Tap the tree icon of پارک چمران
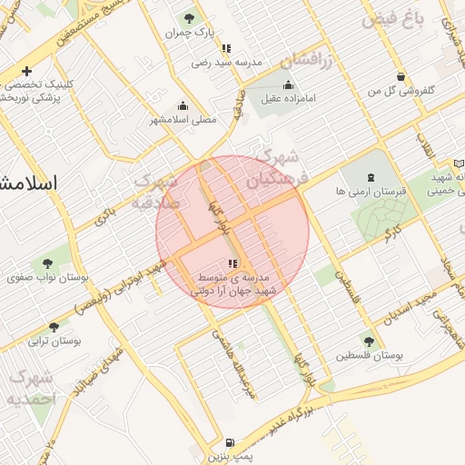coord(189,17)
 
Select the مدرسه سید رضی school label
coord(226,63)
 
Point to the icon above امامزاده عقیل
coord(289,85)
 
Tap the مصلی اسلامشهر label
coord(182,119)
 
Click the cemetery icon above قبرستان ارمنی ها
coord(370,177)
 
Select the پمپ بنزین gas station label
coord(227,456)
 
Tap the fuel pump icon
coord(227,442)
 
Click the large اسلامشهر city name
coord(27,182)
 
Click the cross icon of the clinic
coord(27,71)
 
